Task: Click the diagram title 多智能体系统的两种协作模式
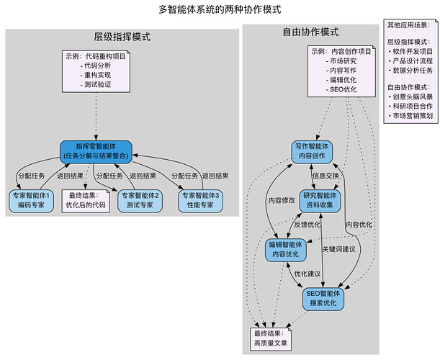[x=220, y=10]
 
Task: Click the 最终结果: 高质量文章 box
[x=270, y=338]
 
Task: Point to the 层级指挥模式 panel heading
[x=122, y=37]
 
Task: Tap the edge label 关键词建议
[x=339, y=249]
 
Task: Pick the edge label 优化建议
[x=307, y=274]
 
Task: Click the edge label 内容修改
[x=281, y=200]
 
